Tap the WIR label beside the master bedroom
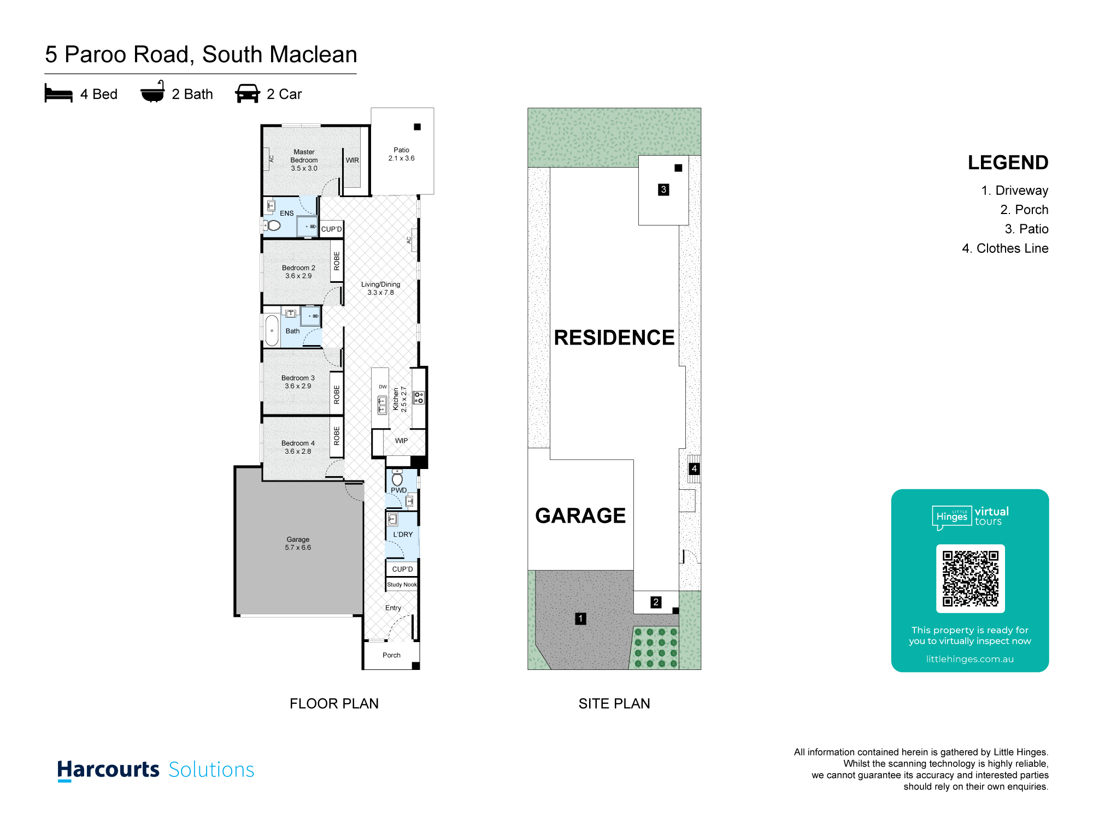click(x=352, y=161)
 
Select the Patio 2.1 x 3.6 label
click(x=401, y=154)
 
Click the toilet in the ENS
click(x=273, y=225)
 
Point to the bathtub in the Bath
click(x=272, y=330)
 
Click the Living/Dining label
click(x=380, y=288)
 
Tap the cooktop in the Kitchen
click(x=419, y=397)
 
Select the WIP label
click(x=401, y=441)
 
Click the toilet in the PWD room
click(x=397, y=479)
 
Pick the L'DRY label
click(x=403, y=535)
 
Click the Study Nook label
click(x=402, y=585)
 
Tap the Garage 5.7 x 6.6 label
click(x=298, y=543)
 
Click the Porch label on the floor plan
click(x=391, y=655)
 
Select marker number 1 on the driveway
click(x=580, y=619)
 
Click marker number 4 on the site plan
click(x=694, y=468)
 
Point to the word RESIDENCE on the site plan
click(x=614, y=337)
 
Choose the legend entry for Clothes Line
click(x=1005, y=248)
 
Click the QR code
click(x=970, y=579)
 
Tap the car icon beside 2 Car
click(x=247, y=93)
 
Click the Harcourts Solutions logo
click(x=156, y=770)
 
